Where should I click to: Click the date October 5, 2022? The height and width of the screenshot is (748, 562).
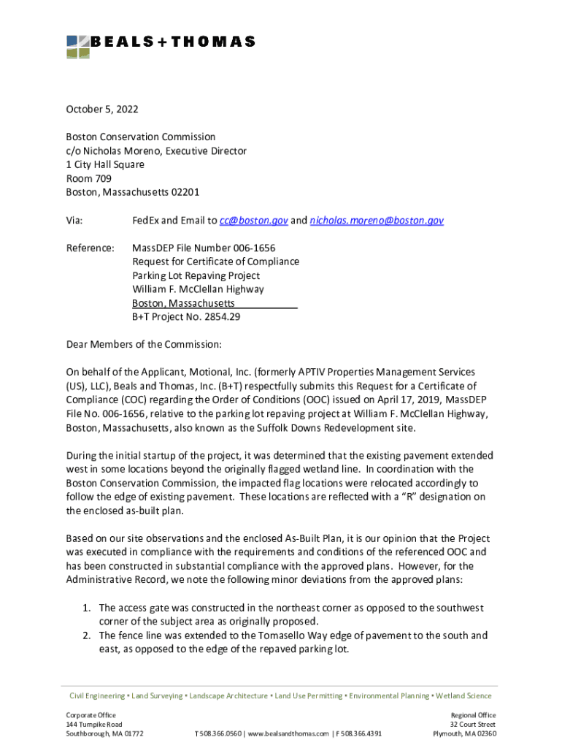coord(102,110)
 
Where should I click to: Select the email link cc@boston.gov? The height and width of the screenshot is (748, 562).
coord(254,220)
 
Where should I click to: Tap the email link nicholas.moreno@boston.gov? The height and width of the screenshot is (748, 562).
coord(377,220)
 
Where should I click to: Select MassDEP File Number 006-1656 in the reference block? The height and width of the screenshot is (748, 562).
coord(204,248)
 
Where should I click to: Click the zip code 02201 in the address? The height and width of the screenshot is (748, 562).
coord(185,192)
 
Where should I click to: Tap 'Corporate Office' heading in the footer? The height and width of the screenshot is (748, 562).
coord(91,714)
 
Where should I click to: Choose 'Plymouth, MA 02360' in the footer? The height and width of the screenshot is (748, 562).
coord(465,733)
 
